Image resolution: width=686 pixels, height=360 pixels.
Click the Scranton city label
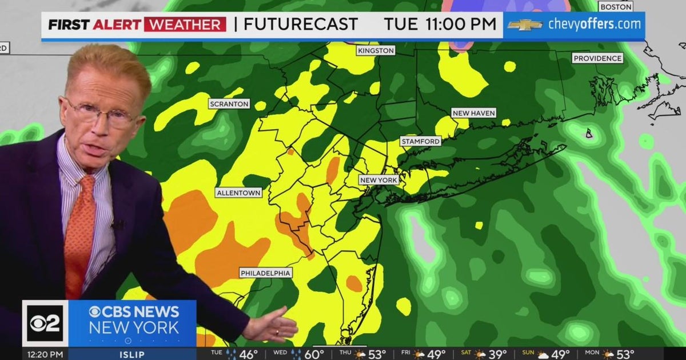point(229,104)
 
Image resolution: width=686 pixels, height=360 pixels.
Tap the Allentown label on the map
point(239,193)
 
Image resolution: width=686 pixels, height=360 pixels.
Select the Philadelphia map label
point(266,273)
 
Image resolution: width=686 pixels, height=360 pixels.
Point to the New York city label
point(378,180)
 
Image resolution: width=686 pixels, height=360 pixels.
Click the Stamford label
point(420,141)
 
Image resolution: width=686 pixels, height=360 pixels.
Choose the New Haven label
point(474,113)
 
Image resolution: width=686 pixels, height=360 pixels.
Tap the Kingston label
point(376,51)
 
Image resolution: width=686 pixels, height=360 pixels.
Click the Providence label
point(597,58)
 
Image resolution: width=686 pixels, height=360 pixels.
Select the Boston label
point(616,7)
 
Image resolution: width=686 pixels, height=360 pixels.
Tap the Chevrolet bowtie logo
point(525,25)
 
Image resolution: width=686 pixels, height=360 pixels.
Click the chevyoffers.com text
point(595,25)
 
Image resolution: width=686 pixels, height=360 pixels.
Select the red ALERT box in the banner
point(185,25)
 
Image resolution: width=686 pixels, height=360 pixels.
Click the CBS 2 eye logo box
point(45,323)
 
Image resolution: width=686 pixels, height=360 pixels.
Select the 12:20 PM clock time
point(39,354)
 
